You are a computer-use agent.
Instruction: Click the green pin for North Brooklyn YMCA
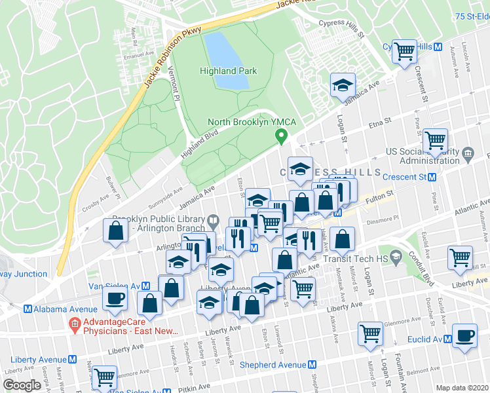(x=282, y=137)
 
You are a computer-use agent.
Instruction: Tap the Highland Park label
(x=228, y=71)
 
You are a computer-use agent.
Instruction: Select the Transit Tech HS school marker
(x=395, y=254)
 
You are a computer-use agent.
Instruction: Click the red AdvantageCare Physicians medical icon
(x=75, y=324)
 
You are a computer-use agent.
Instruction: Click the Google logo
(x=22, y=384)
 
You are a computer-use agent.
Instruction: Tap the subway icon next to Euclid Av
(x=447, y=339)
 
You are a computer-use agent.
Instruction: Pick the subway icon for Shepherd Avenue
(x=313, y=365)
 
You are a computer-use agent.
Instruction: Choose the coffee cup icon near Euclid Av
(x=464, y=336)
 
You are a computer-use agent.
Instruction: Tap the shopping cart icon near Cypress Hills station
(x=405, y=50)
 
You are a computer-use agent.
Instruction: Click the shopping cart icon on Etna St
(x=434, y=140)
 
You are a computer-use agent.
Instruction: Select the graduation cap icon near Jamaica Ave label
(x=342, y=86)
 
